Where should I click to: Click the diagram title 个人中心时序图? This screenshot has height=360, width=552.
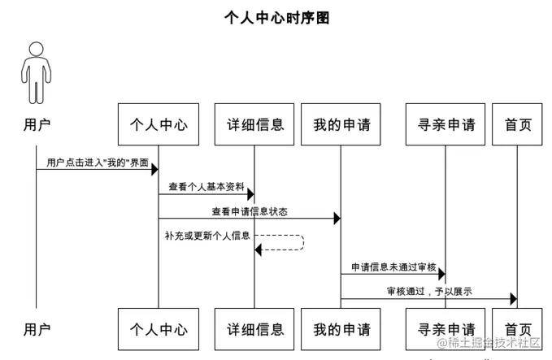pyautogui.click(x=276, y=18)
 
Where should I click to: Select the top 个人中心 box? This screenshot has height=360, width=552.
pyautogui.click(x=159, y=124)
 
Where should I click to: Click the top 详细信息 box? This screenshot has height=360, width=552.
pyautogui.click(x=254, y=124)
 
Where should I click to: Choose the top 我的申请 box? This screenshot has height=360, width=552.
pyautogui.click(x=341, y=124)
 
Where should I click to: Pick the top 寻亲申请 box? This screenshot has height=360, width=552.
pyautogui.click(x=446, y=124)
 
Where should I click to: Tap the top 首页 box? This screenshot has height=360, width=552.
pyautogui.click(x=517, y=124)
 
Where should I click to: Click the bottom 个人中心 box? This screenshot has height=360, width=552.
pyautogui.click(x=159, y=329)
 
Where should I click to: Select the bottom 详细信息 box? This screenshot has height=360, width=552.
pyautogui.click(x=254, y=329)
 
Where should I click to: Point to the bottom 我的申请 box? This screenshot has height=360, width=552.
pyautogui.click(x=341, y=329)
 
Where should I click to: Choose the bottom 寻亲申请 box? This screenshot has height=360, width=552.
pyautogui.click(x=446, y=329)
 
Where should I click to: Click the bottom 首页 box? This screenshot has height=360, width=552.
pyautogui.click(x=517, y=329)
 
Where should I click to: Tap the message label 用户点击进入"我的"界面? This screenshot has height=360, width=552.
pyautogui.click(x=98, y=163)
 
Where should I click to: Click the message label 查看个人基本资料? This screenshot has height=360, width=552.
pyautogui.click(x=206, y=186)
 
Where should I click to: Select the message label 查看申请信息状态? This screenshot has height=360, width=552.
pyautogui.click(x=249, y=210)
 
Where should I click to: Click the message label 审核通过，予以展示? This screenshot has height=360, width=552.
pyautogui.click(x=429, y=291)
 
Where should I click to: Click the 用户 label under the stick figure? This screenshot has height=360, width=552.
pyautogui.click(x=37, y=124)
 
